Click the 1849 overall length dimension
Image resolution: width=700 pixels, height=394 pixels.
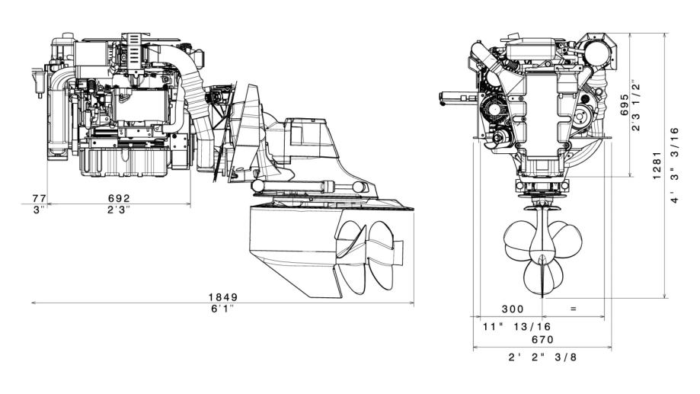(223, 297)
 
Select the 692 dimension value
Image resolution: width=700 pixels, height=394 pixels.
(119, 198)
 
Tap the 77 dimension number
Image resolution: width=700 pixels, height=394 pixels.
(40, 198)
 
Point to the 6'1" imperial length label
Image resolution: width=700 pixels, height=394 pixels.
(222, 309)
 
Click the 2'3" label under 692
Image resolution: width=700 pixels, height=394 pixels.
(119, 210)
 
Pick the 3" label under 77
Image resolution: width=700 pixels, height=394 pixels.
(40, 210)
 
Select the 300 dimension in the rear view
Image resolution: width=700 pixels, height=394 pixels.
(513, 309)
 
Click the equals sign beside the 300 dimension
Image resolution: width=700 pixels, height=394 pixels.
(574, 308)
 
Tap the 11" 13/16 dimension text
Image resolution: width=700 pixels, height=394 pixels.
(517, 326)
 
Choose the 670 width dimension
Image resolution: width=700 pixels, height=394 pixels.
(542, 339)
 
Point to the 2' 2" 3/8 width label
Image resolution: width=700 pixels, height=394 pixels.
(542, 357)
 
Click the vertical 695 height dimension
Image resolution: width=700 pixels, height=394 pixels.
(625, 104)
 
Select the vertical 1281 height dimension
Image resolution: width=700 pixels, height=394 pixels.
(657, 165)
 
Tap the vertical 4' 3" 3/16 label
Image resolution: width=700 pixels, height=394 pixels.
(675, 165)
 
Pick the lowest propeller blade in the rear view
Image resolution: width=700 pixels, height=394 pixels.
(539, 277)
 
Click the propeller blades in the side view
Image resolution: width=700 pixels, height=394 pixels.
(366, 257)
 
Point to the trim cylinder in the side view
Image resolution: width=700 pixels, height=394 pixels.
(308, 185)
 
